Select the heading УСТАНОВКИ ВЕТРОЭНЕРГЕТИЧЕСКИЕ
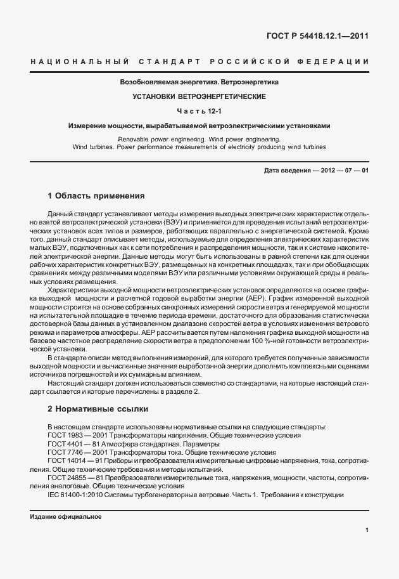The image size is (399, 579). point(199,96)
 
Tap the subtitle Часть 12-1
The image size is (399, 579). point(199,111)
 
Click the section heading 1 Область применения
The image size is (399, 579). point(96,195)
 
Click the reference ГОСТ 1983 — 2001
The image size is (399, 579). point(77,436)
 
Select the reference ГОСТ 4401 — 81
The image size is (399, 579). point(73,445)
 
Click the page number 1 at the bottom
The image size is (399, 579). point(367,530)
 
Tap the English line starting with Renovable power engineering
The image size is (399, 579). point(199,138)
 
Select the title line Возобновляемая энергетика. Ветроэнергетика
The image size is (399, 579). point(199,82)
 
